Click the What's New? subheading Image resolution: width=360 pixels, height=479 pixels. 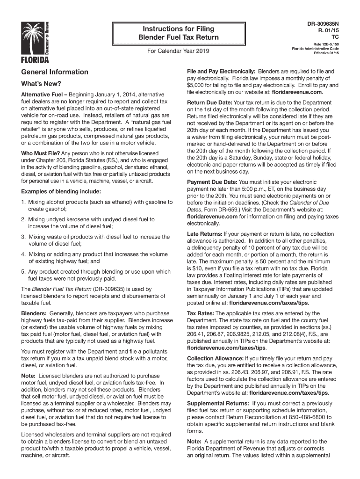pos(41,84)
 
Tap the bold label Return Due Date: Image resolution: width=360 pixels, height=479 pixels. pos(209,102)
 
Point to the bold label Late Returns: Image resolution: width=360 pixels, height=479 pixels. pos(204,233)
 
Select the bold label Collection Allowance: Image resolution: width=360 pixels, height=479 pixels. pos(215,359)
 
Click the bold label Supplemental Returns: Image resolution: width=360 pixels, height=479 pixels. pos(218,403)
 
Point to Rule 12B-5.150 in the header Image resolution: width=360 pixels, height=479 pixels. pos(326,44)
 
